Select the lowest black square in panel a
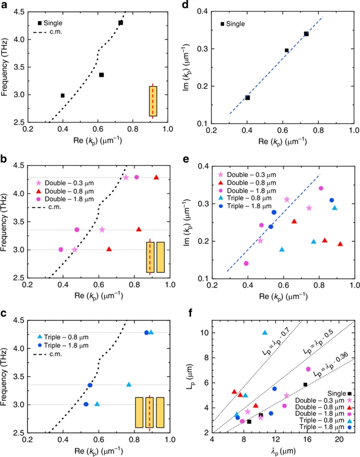click(x=62, y=96)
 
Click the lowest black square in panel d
click(x=247, y=98)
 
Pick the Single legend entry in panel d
click(x=236, y=24)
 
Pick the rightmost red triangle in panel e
click(x=340, y=244)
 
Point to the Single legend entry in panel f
click(x=340, y=393)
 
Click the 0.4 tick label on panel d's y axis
click(x=202, y=11)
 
